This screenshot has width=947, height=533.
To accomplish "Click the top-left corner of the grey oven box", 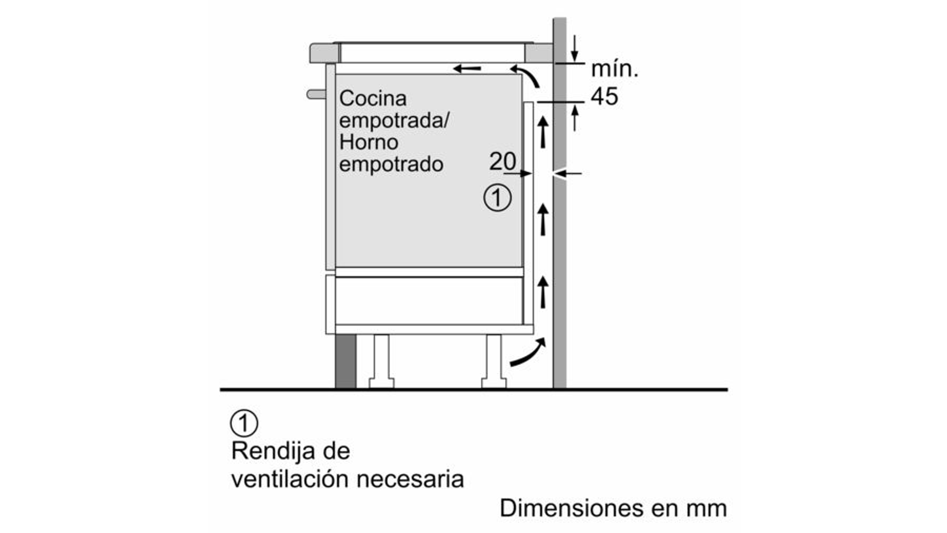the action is click(335, 74).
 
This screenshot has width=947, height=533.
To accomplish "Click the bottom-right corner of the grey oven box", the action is click(523, 267).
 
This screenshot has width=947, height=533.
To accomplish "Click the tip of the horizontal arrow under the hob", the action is click(453, 69).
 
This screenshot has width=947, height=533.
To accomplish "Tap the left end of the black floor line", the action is click(220, 390).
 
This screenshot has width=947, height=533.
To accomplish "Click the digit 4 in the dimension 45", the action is click(597, 96).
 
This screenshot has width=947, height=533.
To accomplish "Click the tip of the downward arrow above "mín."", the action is click(575, 61).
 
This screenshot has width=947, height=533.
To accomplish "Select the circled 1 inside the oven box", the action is click(497, 198).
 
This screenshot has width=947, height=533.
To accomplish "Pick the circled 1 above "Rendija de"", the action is click(244, 424).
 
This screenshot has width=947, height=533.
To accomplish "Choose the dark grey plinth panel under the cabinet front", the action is click(346, 361).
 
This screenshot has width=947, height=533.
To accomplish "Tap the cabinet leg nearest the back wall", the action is click(494, 361).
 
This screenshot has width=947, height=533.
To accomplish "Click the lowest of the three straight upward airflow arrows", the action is click(543, 292).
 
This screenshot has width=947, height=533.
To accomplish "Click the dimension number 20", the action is click(503, 161).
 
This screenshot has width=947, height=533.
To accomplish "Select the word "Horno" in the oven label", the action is click(369, 142).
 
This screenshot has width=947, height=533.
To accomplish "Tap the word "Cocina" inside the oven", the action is click(373, 98).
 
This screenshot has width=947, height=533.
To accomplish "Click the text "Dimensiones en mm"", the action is click(613, 508).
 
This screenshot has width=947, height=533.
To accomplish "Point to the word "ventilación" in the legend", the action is click(290, 479).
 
